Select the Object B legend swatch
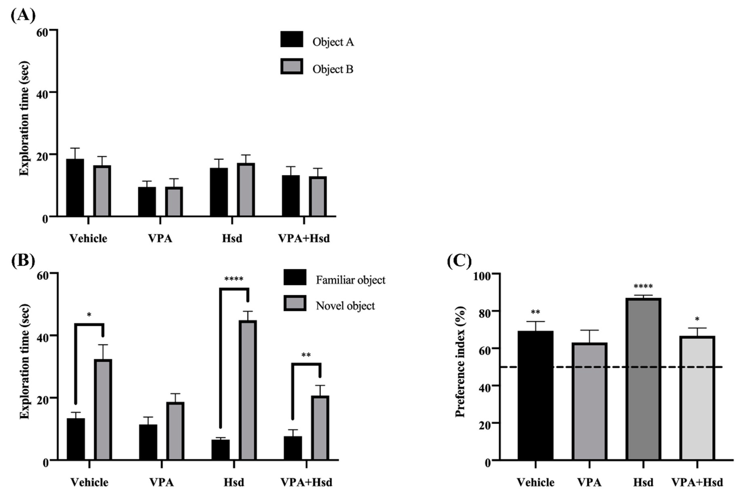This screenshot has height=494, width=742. tap(292, 66)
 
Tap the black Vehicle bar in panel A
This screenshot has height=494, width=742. tap(75, 187)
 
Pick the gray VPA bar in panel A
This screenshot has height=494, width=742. tap(174, 202)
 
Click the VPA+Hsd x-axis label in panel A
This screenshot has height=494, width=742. tap(304, 238)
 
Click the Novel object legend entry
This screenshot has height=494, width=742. tap(345, 306)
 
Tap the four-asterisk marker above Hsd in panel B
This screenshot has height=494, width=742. tap(234, 279)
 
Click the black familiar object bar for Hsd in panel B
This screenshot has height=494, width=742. tap(220, 450)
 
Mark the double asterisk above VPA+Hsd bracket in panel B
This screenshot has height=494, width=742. tap(306, 355)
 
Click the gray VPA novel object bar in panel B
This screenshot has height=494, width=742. tap(175, 431)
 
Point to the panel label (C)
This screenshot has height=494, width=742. tap(459, 261)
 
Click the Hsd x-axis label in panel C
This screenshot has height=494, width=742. tap(643, 482)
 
